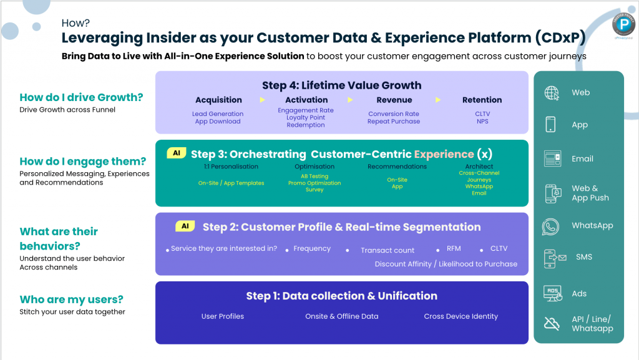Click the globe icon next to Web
[x=552, y=93]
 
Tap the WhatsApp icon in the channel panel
[x=551, y=226]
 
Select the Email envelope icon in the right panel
[x=552, y=158]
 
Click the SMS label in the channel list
[x=584, y=257]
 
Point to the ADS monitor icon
[x=552, y=293]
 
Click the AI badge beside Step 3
[x=176, y=153]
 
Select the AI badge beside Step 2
[x=185, y=226]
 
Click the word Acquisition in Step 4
[x=218, y=100]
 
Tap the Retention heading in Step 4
[x=482, y=100]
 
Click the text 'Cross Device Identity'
[x=461, y=316]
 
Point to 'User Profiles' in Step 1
[x=222, y=316]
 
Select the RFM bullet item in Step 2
[x=454, y=249]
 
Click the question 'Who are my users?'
[x=71, y=299]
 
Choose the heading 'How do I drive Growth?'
[x=81, y=97]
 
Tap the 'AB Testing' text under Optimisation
[x=315, y=177]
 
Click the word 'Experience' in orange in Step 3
[x=444, y=154]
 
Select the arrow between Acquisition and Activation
[x=262, y=100]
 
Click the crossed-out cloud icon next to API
[x=552, y=323]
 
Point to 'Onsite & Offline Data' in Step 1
[x=341, y=316]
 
